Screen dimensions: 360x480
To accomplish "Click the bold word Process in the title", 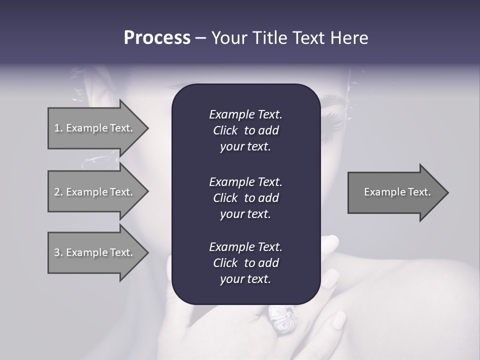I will [x=157, y=38].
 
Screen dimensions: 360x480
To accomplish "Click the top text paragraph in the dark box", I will [x=245, y=130].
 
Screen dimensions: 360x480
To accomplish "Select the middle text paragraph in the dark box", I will [x=245, y=198].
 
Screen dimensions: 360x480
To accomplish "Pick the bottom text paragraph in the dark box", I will [x=245, y=263].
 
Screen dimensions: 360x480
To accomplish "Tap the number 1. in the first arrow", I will [x=58, y=128].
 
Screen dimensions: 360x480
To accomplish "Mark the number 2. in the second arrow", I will [x=58, y=192].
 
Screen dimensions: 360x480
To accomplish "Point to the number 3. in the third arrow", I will [x=58, y=252].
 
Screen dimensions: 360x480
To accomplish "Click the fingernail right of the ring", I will [x=339, y=320].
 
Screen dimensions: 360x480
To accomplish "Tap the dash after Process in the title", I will [x=200, y=38].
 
